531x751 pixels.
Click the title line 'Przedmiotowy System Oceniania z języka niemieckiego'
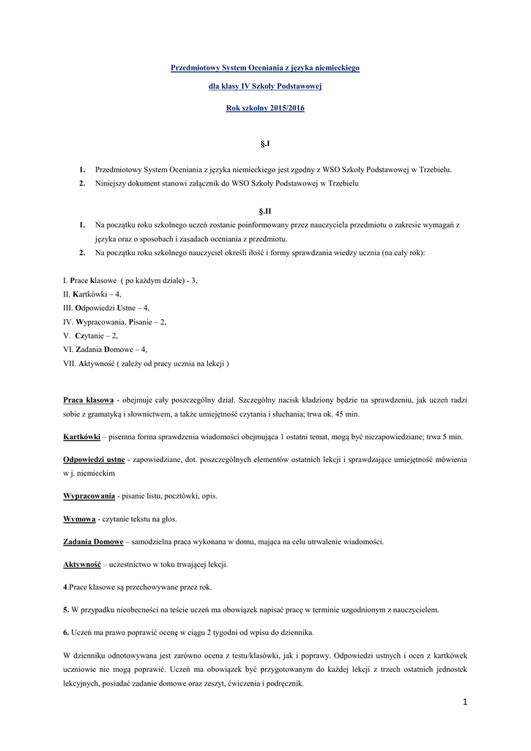(264, 67)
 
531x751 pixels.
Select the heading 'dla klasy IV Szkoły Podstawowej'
(264, 87)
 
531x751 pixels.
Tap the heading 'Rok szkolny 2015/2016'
(264, 109)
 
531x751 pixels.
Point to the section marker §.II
(265, 210)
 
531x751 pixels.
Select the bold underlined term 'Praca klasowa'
(89, 400)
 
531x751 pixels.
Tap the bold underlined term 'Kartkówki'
(82, 436)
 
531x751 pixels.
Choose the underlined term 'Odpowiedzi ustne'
(94, 460)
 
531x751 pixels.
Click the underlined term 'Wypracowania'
(89, 496)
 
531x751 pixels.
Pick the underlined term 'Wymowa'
(80, 519)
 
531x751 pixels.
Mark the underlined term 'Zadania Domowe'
(93, 542)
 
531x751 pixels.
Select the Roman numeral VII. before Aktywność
(71, 364)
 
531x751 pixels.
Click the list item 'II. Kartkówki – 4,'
(92, 294)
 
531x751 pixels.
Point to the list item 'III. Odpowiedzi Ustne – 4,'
(106, 308)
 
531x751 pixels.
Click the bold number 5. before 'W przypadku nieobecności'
(66, 609)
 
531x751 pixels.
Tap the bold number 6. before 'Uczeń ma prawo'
(66, 632)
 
